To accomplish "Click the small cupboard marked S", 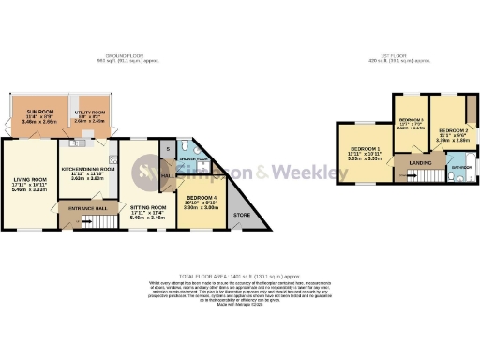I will (x=168, y=149).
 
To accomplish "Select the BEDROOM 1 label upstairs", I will (x=365, y=150).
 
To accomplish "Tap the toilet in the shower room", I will (x=187, y=147).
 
